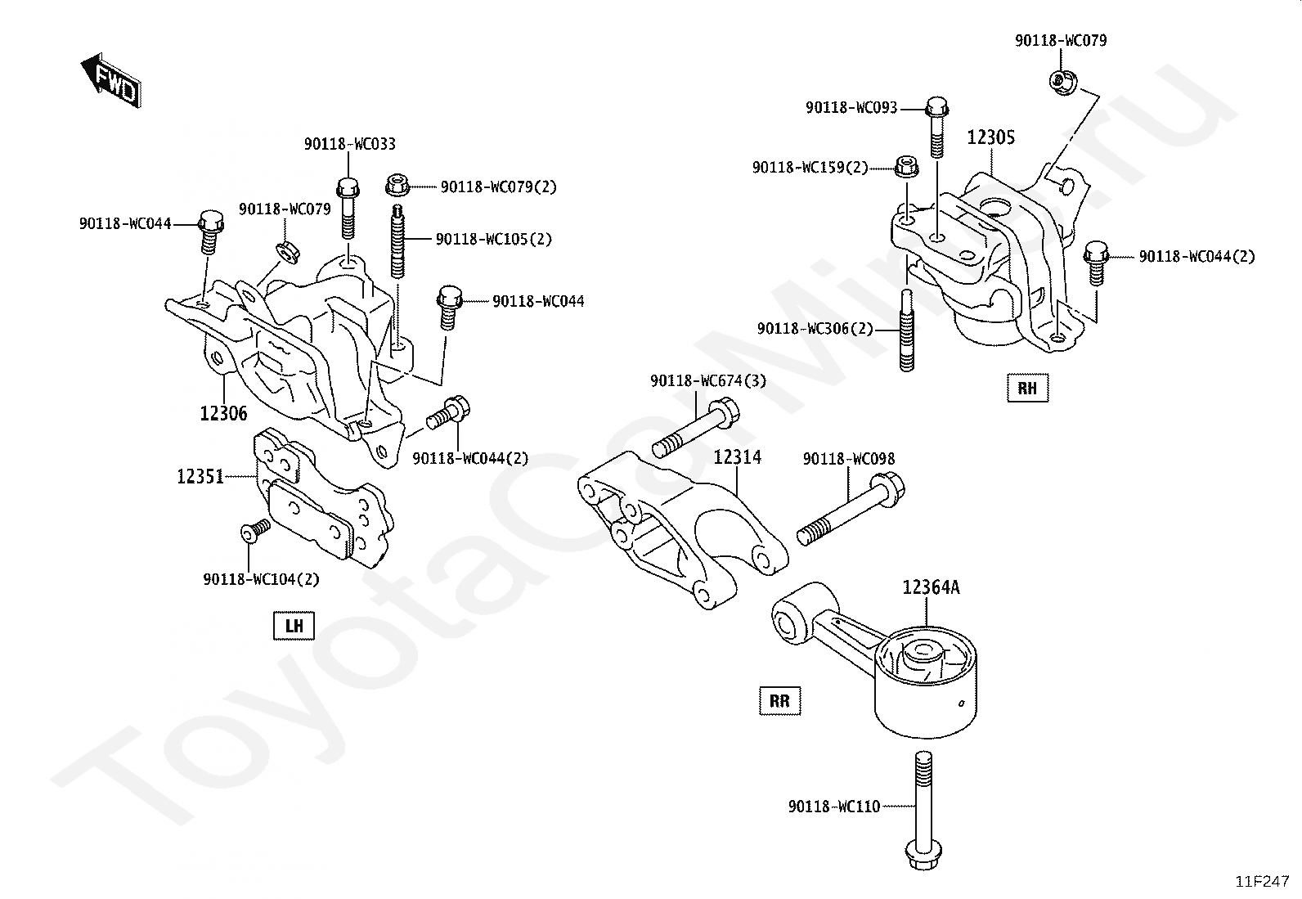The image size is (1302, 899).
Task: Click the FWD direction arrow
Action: [110, 82]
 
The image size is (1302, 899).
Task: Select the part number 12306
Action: [224, 413]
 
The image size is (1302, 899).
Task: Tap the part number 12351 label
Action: [200, 477]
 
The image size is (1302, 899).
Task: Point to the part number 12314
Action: [737, 457]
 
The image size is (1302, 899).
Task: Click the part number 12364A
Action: [932, 587]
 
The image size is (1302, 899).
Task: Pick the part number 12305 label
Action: [991, 137]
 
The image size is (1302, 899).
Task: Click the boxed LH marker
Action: [294, 626]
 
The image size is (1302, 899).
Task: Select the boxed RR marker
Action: [779, 701]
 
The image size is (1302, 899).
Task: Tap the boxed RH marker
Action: [1028, 388]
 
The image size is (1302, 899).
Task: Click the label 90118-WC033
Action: [350, 144]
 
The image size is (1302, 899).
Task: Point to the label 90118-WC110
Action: [834, 807]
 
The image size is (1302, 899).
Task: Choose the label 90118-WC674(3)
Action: [708, 381]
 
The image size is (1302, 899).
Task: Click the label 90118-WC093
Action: [851, 108]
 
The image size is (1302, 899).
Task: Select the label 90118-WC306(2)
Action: [815, 329]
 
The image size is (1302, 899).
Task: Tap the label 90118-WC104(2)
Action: [262, 579]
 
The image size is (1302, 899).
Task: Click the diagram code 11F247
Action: [1263, 882]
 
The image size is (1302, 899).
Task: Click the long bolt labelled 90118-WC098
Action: [851, 510]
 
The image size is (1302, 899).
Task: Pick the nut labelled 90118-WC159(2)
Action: [905, 167]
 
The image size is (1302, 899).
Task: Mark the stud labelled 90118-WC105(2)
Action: [397, 241]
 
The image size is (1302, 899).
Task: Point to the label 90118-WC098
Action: [849, 459]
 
